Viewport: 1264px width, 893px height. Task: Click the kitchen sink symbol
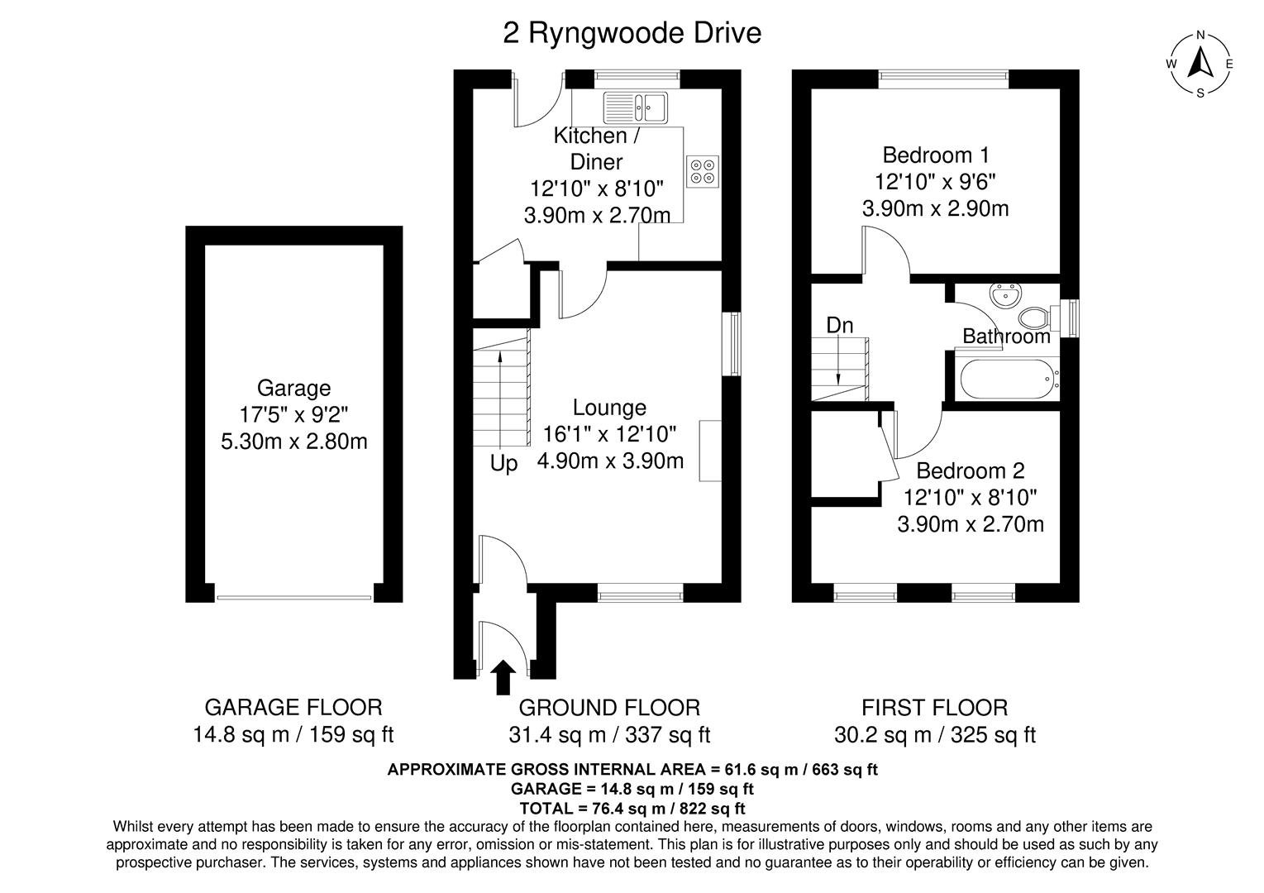(x=635, y=105)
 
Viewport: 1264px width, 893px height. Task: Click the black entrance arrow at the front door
(x=503, y=676)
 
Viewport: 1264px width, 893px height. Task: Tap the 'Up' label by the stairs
(x=503, y=464)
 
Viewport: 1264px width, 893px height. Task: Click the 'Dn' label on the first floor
(x=839, y=326)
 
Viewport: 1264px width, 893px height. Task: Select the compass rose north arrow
(x=1200, y=63)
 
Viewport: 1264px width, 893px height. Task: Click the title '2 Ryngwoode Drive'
(x=632, y=34)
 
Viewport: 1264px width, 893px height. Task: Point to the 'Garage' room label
(x=293, y=388)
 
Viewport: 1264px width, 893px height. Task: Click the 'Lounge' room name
(x=609, y=408)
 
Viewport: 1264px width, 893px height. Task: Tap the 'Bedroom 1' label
(x=935, y=155)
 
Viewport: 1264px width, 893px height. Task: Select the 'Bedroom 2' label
(x=970, y=470)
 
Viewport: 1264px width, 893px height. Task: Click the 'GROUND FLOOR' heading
(x=608, y=708)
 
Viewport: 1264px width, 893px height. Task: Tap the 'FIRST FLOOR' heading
(x=934, y=708)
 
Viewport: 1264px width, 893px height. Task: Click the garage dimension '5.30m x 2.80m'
(x=293, y=442)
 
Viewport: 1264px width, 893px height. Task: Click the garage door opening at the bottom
(x=293, y=597)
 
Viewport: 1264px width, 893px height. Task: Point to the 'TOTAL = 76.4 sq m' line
(x=632, y=808)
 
